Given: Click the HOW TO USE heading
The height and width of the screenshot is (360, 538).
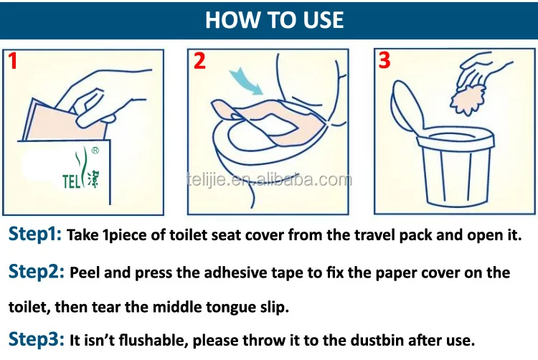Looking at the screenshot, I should [275, 19].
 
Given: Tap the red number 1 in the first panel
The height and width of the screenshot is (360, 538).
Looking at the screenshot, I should [13, 62].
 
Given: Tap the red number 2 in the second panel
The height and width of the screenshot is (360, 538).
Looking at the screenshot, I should [199, 62].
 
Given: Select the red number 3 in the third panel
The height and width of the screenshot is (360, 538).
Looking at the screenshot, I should [384, 61].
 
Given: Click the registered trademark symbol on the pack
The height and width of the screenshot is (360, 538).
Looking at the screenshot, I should [104, 151].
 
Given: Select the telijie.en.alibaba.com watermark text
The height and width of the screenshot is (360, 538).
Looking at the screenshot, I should [268, 180].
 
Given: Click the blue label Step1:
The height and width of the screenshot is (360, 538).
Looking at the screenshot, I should [35, 235].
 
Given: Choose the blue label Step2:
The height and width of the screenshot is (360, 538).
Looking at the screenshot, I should [37, 273].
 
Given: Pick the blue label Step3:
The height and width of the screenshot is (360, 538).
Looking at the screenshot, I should [36, 339].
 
